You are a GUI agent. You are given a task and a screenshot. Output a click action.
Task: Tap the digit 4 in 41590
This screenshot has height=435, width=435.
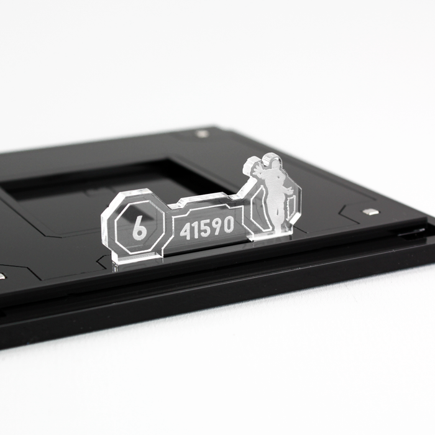pos(185,231)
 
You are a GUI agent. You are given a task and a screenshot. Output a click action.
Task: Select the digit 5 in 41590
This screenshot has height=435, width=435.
pos(204,229)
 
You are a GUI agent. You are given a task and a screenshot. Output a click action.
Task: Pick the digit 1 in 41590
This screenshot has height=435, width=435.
pos(195,231)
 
